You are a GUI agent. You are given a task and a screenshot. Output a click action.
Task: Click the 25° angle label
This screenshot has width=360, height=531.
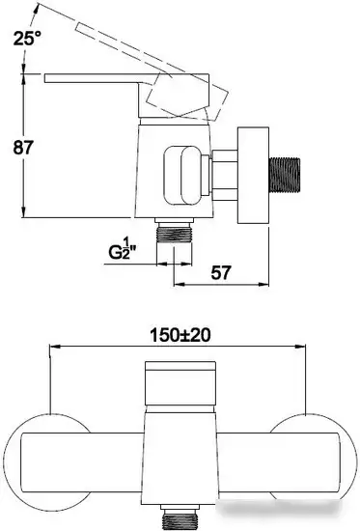27,38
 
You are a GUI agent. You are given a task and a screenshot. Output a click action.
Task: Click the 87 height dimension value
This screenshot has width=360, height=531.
24,148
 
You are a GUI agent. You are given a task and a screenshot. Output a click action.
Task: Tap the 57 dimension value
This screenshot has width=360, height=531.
221,272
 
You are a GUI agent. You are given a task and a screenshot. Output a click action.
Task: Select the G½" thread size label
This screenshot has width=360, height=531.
123,249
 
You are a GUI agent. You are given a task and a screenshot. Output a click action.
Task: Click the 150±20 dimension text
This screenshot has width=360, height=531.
180,335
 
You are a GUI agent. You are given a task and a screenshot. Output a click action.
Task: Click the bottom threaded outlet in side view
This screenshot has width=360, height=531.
175,231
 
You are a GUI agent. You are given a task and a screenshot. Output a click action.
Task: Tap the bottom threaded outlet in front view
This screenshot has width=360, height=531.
180,517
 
